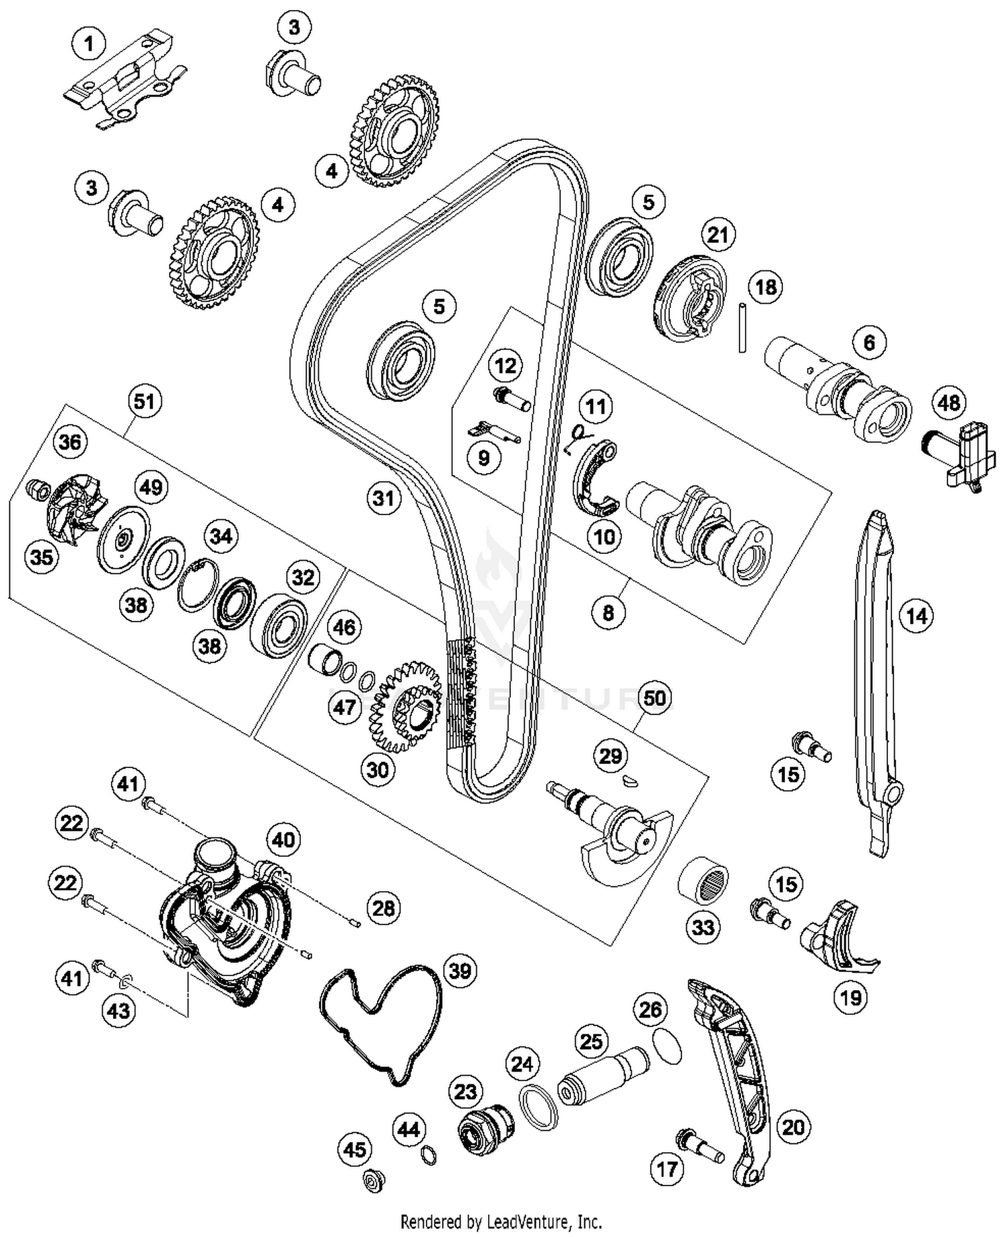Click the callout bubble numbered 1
(x=89, y=45)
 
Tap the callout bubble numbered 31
(x=384, y=498)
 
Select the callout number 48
(x=949, y=403)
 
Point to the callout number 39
(x=460, y=970)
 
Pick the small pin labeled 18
(x=742, y=328)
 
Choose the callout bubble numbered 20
(x=793, y=1127)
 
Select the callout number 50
(x=654, y=698)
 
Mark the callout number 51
(x=144, y=401)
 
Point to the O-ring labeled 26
(x=665, y=1046)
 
